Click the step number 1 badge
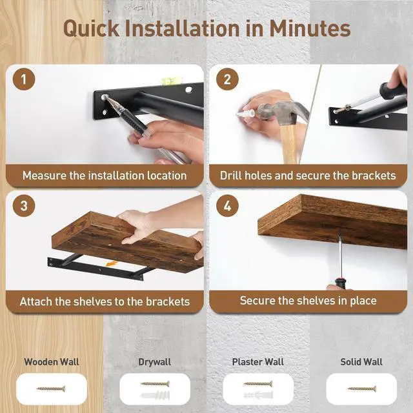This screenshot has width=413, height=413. tap(24, 80)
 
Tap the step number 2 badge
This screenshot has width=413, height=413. tap(227, 80)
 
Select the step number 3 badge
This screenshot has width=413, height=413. tap(24, 206)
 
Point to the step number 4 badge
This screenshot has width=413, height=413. tap(227, 206)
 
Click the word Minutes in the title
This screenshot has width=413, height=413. tap(307, 28)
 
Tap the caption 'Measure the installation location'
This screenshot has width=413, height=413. tap(105, 175)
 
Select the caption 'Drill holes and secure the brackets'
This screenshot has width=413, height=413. tap(308, 175)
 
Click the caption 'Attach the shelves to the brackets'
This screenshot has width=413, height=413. tap(105, 301)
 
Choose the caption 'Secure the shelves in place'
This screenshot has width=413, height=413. tap(308, 301)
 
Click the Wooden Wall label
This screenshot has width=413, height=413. tap(52, 362)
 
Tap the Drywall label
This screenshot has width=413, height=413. tap(155, 362)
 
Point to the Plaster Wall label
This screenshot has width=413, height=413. tap(258, 362)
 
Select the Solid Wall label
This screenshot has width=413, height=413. tap(361, 362)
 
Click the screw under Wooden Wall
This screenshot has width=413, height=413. tap(52, 388)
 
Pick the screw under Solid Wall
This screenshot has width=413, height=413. tap(361, 388)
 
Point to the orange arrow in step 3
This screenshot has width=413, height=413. tap(112, 264)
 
